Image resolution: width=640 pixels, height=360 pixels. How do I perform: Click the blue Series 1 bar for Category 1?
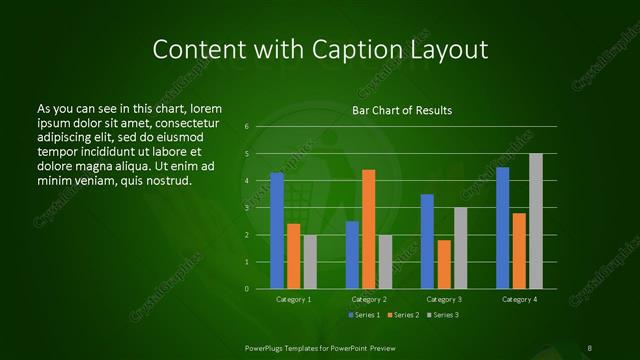click(x=277, y=231)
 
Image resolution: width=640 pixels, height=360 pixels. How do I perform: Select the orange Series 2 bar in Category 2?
click(x=369, y=229)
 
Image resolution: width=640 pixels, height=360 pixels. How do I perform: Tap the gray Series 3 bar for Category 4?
click(x=536, y=221)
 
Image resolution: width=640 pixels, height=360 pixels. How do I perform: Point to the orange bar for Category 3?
click(x=444, y=264)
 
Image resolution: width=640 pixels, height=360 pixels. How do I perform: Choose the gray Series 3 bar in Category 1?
click(x=310, y=262)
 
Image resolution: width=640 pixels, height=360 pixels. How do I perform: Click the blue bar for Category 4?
click(x=502, y=228)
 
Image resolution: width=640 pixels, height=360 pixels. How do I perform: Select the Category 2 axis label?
click(x=369, y=299)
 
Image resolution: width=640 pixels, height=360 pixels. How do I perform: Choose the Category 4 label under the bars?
click(x=519, y=299)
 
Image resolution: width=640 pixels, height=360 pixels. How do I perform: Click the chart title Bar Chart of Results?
click(x=402, y=110)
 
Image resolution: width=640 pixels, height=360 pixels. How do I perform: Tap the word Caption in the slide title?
click(x=346, y=50)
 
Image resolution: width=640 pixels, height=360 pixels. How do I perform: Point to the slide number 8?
click(x=590, y=347)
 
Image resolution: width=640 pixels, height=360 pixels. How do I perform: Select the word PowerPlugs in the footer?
click(x=264, y=347)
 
